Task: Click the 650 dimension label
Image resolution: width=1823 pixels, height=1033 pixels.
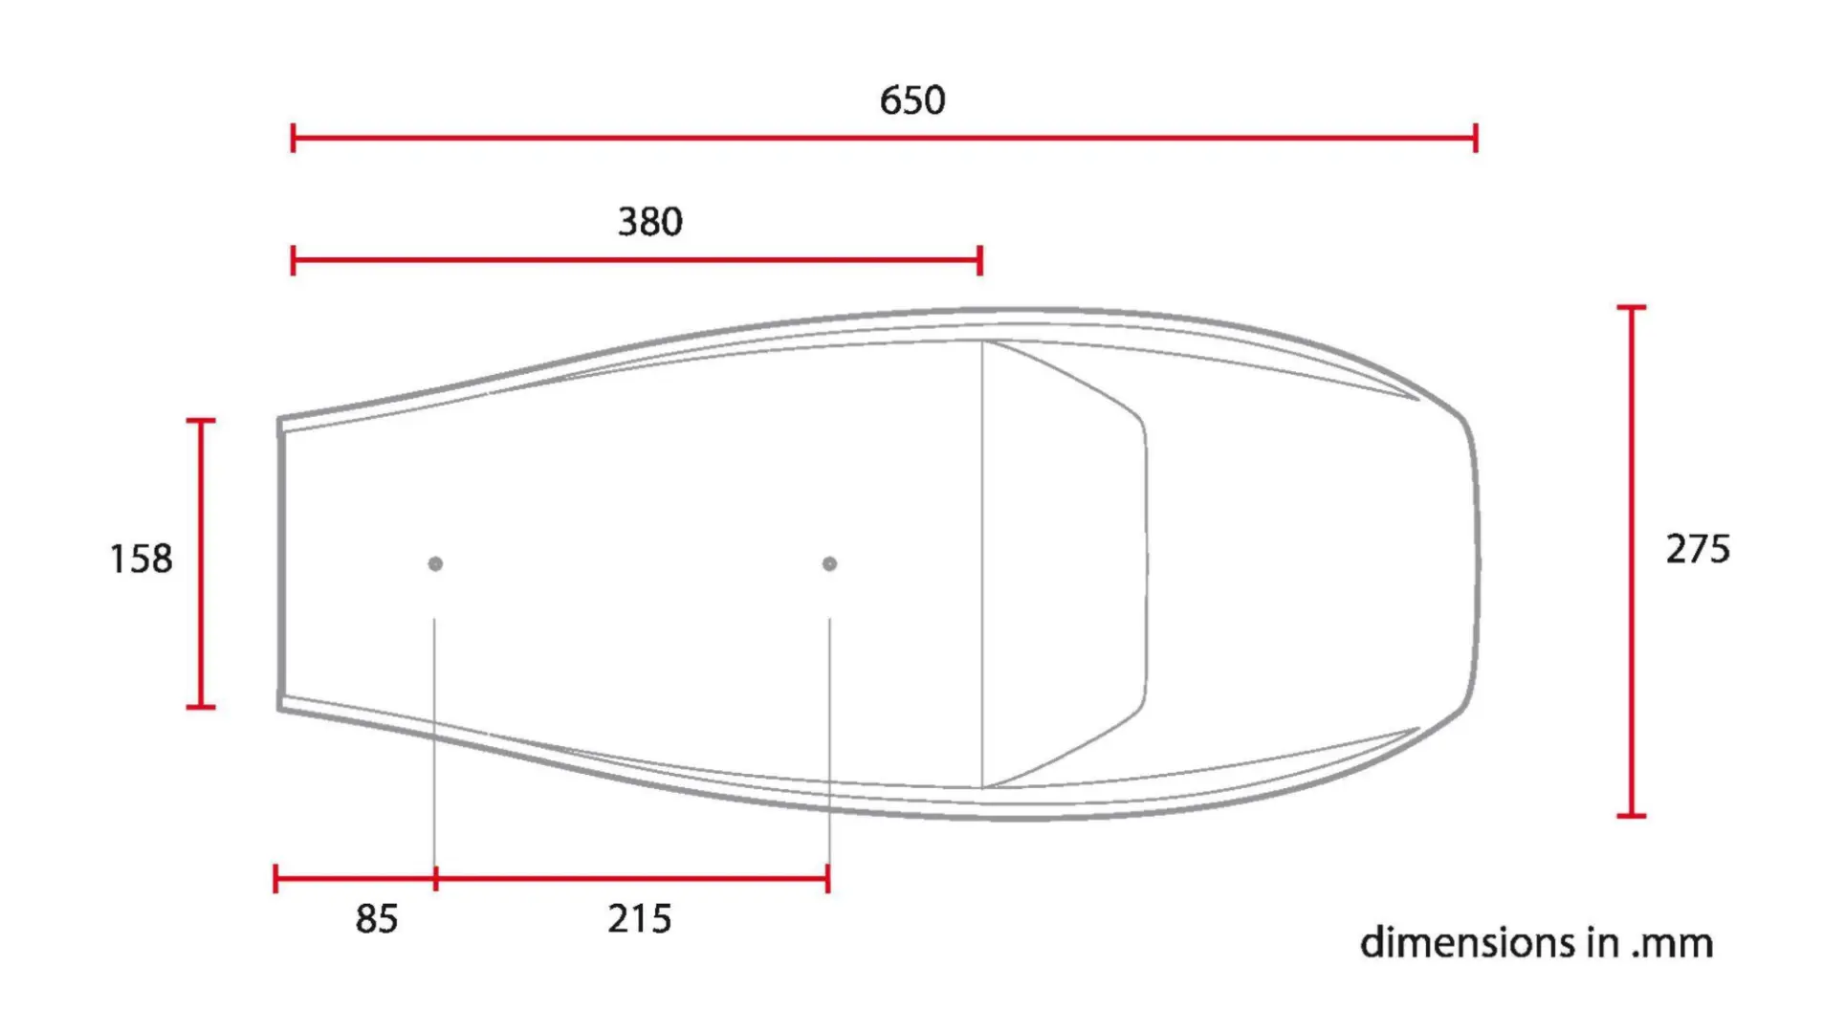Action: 912,100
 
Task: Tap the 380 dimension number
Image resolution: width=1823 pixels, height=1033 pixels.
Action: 650,222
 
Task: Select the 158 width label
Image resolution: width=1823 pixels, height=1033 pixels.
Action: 142,560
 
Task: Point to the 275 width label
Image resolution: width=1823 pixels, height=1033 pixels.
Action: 1698,549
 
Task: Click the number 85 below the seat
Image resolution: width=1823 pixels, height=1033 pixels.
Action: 377,919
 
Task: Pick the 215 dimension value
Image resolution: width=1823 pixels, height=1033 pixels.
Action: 640,919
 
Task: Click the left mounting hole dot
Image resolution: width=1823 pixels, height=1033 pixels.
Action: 435,564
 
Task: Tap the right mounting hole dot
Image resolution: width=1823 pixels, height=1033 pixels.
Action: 829,564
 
